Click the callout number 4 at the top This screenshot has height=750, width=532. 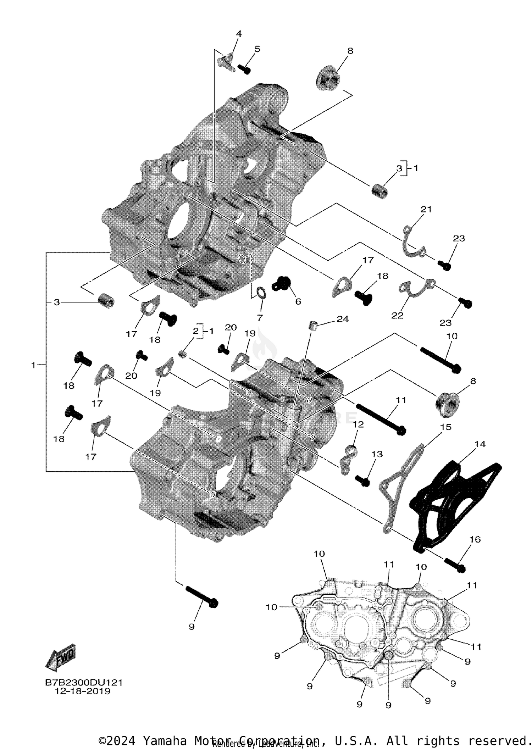click(239, 34)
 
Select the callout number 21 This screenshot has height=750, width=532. click(426, 209)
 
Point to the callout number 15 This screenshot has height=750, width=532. click(445, 427)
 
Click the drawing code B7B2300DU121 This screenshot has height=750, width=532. click(84, 683)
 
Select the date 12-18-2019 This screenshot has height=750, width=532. click(83, 691)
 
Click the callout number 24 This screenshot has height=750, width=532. click(342, 319)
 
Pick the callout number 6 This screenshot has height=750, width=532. click(298, 301)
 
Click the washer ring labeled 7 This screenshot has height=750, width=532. click(261, 293)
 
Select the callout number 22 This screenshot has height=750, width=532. click(397, 316)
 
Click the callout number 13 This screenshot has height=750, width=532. click(377, 454)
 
